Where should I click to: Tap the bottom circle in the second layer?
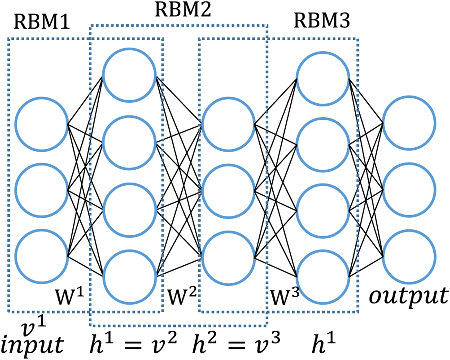pos(129,275)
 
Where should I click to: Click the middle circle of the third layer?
pos(228,190)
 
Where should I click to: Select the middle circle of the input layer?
pos(41,190)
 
